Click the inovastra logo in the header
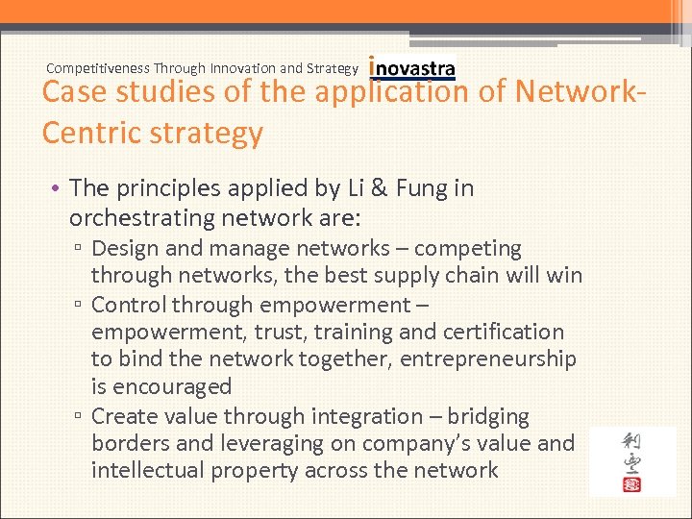[412, 68]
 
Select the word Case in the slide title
[74, 93]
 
